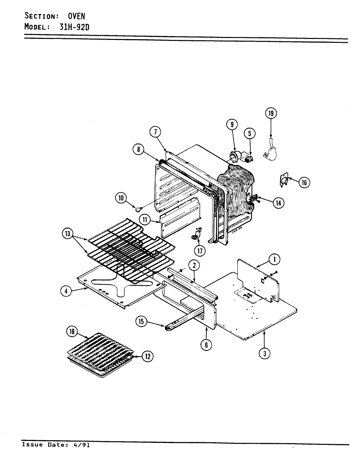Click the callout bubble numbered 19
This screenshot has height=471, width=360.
[x=271, y=113]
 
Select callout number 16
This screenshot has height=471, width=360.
[x=304, y=182]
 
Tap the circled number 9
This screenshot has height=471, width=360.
[x=232, y=124]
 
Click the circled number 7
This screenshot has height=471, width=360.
[x=156, y=132]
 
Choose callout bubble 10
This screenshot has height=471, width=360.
[x=121, y=198]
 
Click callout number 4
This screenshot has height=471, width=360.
[x=66, y=291]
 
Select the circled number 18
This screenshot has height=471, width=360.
[x=72, y=332]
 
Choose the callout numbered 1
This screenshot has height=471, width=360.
[x=274, y=259]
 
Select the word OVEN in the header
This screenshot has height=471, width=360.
[x=76, y=16]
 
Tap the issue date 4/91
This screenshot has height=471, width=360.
[x=83, y=445]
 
